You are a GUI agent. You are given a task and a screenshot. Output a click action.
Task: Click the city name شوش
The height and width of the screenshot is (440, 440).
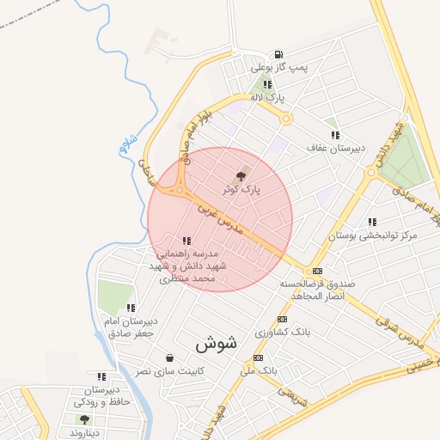tap(215, 344)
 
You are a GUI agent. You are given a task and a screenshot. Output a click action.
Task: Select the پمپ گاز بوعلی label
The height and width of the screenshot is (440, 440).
tap(278, 66)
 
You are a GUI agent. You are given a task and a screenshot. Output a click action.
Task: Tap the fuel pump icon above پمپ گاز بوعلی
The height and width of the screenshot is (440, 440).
tap(278, 53)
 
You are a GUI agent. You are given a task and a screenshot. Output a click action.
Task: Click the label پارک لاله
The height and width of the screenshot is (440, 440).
tap(268, 98)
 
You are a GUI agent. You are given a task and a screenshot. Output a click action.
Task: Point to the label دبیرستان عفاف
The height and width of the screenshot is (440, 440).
tap(336, 148)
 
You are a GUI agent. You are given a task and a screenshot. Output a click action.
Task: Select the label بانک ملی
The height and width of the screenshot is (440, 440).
tap(260, 370)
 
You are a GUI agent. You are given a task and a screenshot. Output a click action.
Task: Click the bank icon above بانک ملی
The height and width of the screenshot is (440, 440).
tap(259, 357)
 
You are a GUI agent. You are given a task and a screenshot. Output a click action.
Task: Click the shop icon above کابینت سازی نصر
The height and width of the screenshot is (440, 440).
tap(168, 357)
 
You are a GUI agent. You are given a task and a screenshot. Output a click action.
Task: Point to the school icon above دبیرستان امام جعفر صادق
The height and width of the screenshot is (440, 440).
tap(131, 308)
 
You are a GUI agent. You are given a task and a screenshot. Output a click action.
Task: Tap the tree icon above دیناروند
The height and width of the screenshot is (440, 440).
tap(84, 419)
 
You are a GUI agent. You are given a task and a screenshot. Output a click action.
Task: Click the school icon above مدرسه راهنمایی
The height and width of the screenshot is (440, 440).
tap(187, 241)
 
